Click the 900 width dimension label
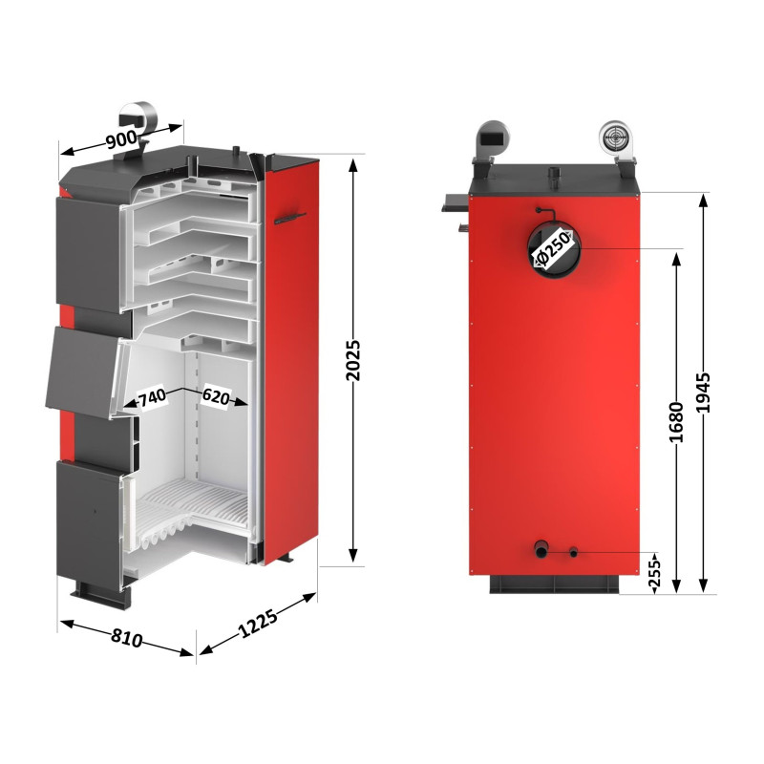(121, 138)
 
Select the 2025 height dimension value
(354, 360)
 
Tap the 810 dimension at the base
(125, 637)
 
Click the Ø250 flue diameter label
(551, 251)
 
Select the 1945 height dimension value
(704, 392)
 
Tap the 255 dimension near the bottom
(654, 573)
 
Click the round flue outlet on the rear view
(551, 251)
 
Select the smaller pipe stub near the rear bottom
(574, 551)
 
